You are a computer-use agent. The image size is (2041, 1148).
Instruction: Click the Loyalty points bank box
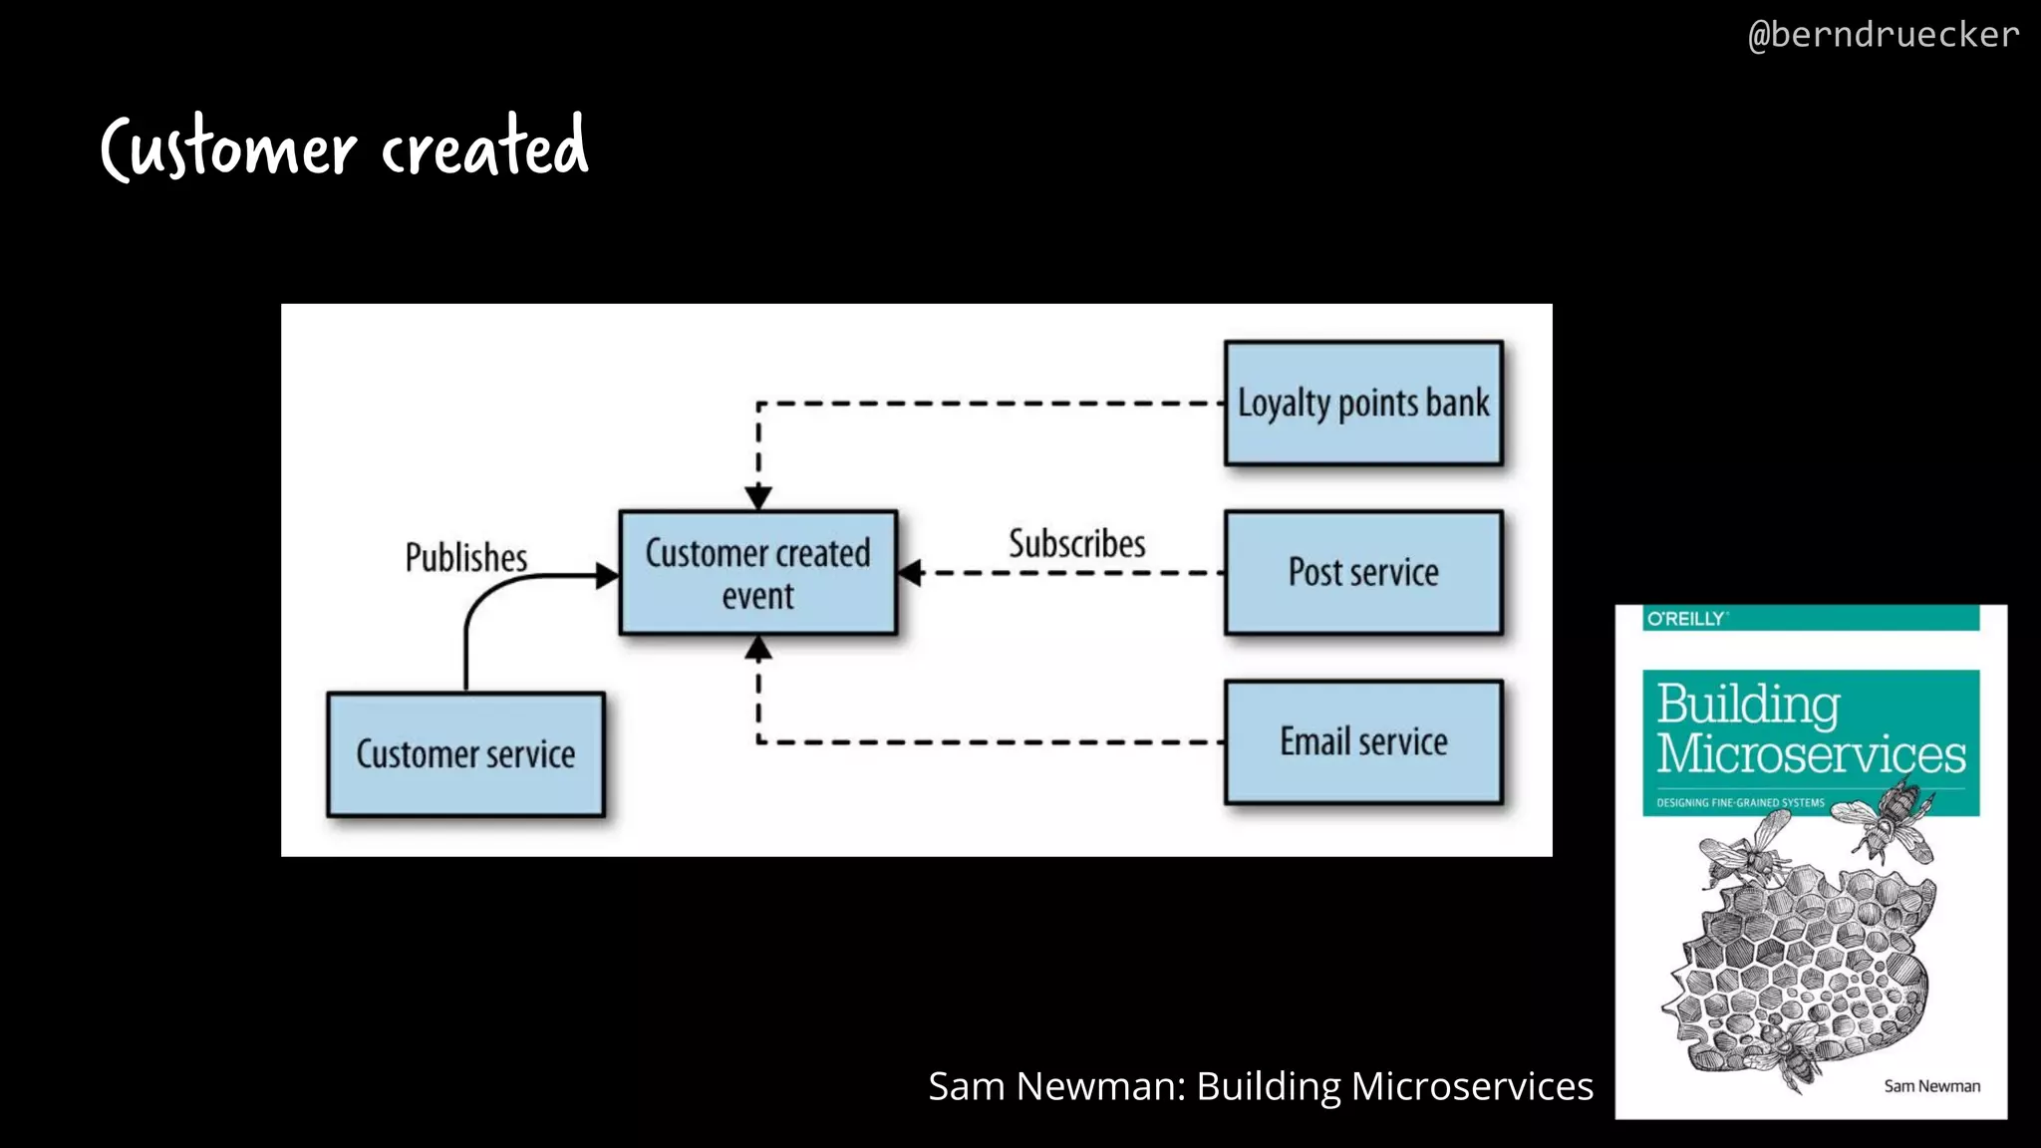coord(1363,404)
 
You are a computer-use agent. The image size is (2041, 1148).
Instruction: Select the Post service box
coord(1363,573)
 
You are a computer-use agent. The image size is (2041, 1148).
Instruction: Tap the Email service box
coord(1363,742)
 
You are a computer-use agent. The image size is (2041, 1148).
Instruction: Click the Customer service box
coord(465,754)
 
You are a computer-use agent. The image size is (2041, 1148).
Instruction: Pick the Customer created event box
coord(757,573)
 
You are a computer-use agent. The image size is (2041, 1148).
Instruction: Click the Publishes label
coord(465,557)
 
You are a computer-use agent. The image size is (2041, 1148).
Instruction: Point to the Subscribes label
coord(1076,544)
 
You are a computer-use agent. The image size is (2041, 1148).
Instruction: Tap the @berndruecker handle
coord(1884,35)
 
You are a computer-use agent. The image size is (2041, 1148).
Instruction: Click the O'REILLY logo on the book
coord(1686,619)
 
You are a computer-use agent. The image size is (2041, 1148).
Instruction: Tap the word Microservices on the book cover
coord(1811,754)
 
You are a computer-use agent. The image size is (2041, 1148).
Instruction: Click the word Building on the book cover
coord(1748,705)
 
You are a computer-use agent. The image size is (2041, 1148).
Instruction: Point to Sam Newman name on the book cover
coord(1931,1086)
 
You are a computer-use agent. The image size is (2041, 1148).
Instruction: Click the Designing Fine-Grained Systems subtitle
coord(1740,802)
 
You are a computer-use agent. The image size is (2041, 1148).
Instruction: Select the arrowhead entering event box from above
coord(758,497)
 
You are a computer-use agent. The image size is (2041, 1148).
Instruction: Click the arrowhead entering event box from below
coord(758,649)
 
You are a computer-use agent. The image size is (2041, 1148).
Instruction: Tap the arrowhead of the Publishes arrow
coord(607,575)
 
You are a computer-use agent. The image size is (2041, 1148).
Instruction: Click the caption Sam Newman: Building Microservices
coord(1260,1086)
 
